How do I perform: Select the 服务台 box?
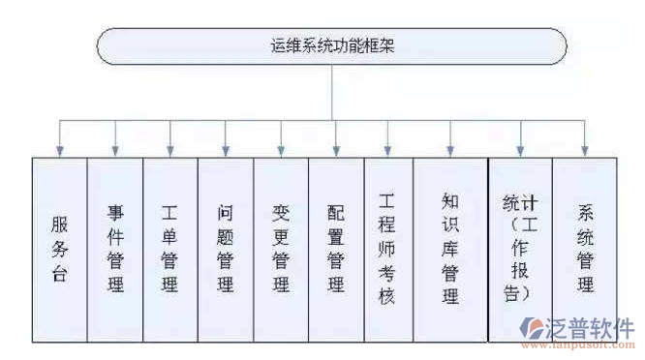(59, 249)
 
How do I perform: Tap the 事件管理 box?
(115, 249)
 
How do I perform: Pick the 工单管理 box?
(170, 249)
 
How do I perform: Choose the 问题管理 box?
(226, 249)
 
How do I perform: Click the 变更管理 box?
(281, 249)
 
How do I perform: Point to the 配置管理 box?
(336, 249)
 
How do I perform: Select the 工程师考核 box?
(387, 249)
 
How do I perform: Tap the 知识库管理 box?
(450, 249)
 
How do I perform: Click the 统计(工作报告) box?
(520, 249)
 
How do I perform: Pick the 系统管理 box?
(585, 249)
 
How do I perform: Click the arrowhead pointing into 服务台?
(60, 150)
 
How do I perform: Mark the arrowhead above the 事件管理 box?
(115, 150)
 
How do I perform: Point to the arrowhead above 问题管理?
(226, 150)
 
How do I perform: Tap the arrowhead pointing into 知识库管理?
(450, 150)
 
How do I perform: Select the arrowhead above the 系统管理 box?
(585, 150)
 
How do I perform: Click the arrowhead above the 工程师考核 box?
(387, 150)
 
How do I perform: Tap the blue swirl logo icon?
(533, 327)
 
